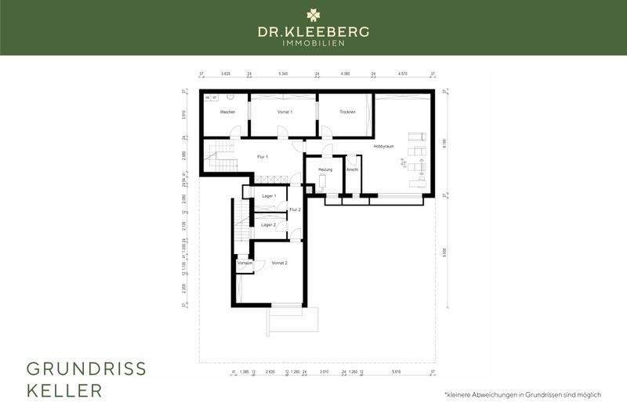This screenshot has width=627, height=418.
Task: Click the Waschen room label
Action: [228, 112]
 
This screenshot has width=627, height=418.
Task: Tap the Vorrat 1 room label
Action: [285, 112]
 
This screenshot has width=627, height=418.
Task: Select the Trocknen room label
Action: [347, 112]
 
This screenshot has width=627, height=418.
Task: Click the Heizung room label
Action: [326, 169]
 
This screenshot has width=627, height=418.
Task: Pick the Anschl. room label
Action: [353, 169]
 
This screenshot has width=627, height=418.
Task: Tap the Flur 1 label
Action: [263, 157]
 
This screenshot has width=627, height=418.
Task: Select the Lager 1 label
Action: [269, 195]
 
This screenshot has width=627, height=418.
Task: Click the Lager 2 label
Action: [269, 224]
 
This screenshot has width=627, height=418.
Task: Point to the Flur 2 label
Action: [295, 209]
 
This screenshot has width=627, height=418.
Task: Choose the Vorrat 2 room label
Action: [280, 263]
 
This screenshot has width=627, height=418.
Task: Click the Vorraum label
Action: [245, 263]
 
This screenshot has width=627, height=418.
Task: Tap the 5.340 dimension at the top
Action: [283, 73]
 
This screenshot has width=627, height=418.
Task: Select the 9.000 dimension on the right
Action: [444, 251]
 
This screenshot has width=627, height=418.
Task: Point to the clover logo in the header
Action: [313, 14]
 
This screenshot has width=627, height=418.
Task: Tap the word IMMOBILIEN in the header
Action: [313, 43]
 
